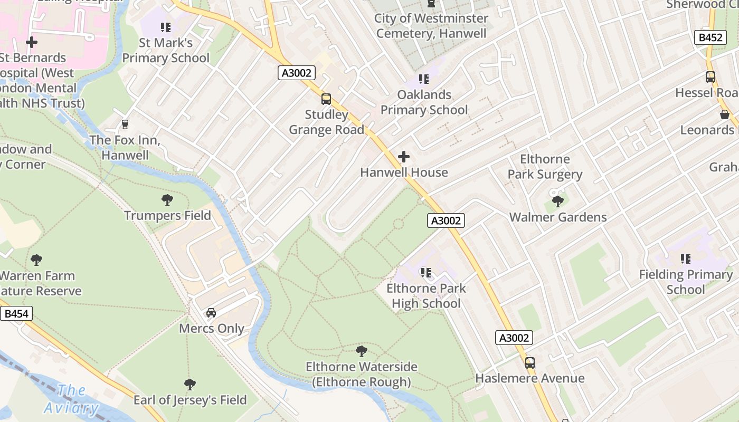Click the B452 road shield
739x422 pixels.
710,37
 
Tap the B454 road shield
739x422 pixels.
16,314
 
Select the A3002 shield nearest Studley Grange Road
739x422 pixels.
297,73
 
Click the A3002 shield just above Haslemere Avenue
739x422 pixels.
514,338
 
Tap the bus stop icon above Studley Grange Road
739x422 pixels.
326,99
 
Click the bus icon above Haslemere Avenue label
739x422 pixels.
529,363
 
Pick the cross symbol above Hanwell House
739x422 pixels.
404,157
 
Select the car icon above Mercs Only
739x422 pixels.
211,313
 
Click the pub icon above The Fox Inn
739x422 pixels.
125,124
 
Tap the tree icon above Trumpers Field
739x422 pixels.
167,200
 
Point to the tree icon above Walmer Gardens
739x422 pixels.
557,201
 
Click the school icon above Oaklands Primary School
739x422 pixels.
424,79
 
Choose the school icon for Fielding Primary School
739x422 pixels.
686,259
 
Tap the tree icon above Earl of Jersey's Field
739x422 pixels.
190,384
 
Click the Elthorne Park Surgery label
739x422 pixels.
545,167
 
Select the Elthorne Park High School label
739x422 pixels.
426,296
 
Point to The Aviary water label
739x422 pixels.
71,399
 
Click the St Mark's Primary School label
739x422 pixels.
166,50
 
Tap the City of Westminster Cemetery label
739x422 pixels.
431,26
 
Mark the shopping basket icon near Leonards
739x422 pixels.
725,114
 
